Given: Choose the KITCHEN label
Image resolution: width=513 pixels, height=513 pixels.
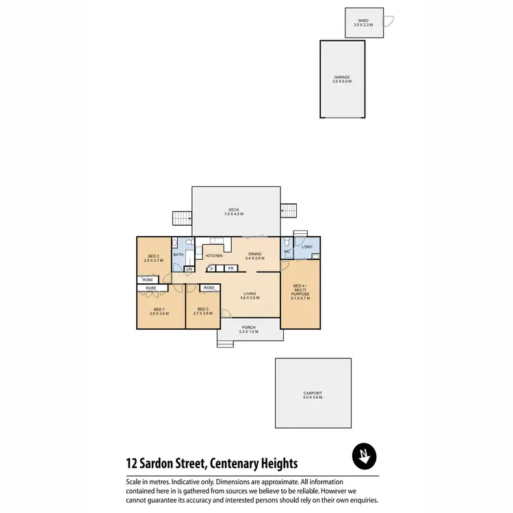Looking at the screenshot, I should (x=214, y=256).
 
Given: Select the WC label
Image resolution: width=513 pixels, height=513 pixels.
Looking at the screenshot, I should (x=287, y=252).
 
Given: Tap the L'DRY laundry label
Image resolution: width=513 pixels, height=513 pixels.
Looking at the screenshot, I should (x=306, y=246).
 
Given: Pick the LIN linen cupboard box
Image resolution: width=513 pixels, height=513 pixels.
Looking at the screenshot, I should (x=189, y=269).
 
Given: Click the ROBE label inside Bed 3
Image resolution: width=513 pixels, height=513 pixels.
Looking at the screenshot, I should (x=209, y=288).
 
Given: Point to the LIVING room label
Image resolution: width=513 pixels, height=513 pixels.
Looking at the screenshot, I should (x=250, y=295).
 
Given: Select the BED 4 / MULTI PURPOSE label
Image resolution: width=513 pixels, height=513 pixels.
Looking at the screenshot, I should (x=301, y=292).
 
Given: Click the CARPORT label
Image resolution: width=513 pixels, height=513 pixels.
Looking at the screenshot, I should (x=313, y=395).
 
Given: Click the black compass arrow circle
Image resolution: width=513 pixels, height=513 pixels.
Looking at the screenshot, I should (x=365, y=456).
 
